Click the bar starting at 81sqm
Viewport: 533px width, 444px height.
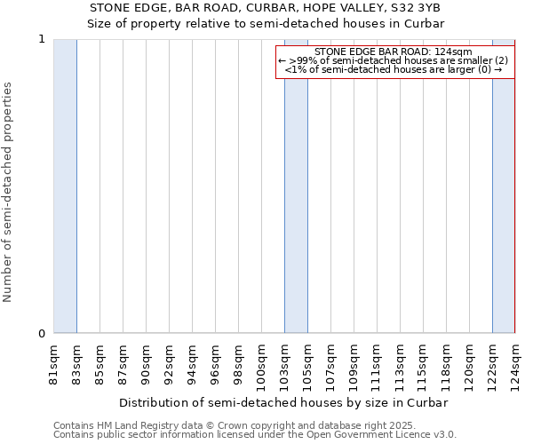coord(65,186)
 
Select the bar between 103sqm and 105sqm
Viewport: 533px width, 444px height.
coord(296,186)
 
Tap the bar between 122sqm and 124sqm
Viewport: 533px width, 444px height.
coord(504,186)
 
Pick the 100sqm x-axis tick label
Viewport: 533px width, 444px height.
coord(261,365)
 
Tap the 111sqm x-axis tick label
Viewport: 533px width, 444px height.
coord(377,365)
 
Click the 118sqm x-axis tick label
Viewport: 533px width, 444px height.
coord(446,365)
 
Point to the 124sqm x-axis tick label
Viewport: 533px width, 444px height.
coord(515,365)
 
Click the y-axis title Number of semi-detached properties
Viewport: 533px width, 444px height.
coord(9,192)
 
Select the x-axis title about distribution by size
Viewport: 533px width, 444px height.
coord(283,402)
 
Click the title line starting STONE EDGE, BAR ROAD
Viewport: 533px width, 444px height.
coord(266,7)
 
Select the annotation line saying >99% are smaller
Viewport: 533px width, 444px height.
coord(394,60)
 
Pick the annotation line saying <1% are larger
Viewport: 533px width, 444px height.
coord(394,69)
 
